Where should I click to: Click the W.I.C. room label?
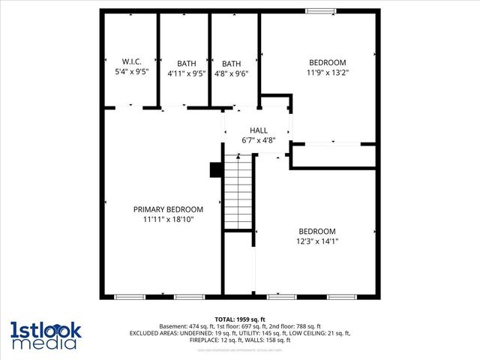tap(131, 61)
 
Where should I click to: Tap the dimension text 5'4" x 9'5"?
tap(131, 73)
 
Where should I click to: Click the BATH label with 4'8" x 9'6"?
tap(232, 63)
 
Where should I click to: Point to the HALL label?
tap(259, 130)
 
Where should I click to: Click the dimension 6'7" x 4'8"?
tap(259, 140)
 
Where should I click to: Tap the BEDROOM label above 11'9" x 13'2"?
tap(328, 61)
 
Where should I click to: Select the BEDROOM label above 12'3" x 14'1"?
tap(317, 231)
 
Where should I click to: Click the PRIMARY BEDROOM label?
tap(168, 209)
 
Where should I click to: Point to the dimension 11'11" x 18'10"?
tap(168, 220)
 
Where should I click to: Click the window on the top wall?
tap(319, 10)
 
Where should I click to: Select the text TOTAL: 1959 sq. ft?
tap(240, 319)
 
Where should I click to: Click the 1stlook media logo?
tap(45, 334)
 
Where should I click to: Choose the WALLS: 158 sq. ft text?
tap(274, 340)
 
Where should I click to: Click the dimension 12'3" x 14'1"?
tap(317, 241)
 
